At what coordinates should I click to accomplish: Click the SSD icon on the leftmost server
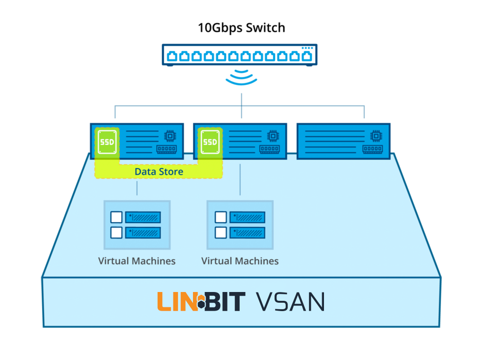(107, 142)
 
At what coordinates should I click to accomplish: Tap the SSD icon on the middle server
(210, 142)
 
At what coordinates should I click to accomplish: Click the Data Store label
(158, 172)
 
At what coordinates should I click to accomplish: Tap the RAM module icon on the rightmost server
(372, 149)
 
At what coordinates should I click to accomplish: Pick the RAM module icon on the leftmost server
(166, 149)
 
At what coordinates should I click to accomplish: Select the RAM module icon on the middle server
(269, 149)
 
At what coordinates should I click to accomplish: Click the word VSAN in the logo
(290, 302)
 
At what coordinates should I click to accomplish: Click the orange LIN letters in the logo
(176, 302)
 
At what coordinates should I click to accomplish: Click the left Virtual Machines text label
(137, 261)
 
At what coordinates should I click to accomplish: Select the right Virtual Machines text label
(240, 261)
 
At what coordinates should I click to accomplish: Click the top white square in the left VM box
(117, 217)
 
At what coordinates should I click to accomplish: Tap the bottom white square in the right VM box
(220, 232)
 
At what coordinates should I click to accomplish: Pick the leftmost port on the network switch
(172, 57)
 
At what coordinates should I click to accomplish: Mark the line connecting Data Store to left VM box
(137, 188)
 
